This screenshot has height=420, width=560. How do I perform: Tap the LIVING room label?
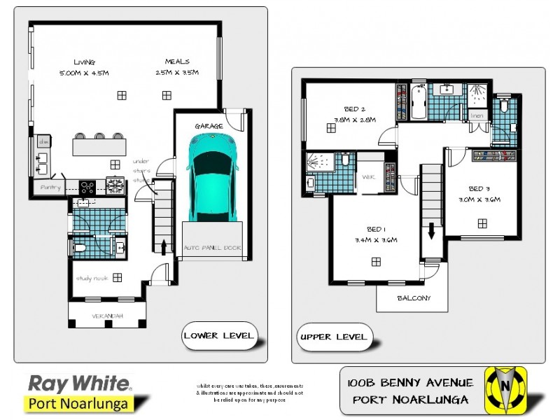84,62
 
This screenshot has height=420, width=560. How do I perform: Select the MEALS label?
177,62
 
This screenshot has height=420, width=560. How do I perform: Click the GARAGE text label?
209,126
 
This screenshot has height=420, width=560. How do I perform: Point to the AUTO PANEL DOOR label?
211,248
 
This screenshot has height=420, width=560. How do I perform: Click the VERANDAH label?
108,316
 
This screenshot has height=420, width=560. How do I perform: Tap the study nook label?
92,278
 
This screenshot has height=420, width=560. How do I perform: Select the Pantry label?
50,188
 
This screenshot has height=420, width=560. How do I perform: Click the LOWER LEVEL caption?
219,335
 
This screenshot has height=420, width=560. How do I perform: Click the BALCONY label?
412,298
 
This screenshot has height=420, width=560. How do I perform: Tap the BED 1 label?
376,230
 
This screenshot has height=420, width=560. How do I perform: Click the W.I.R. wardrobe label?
369,178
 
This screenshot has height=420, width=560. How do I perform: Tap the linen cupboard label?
477,115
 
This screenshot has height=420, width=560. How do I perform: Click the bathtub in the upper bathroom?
419,102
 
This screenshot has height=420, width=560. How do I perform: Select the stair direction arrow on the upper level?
431,230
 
